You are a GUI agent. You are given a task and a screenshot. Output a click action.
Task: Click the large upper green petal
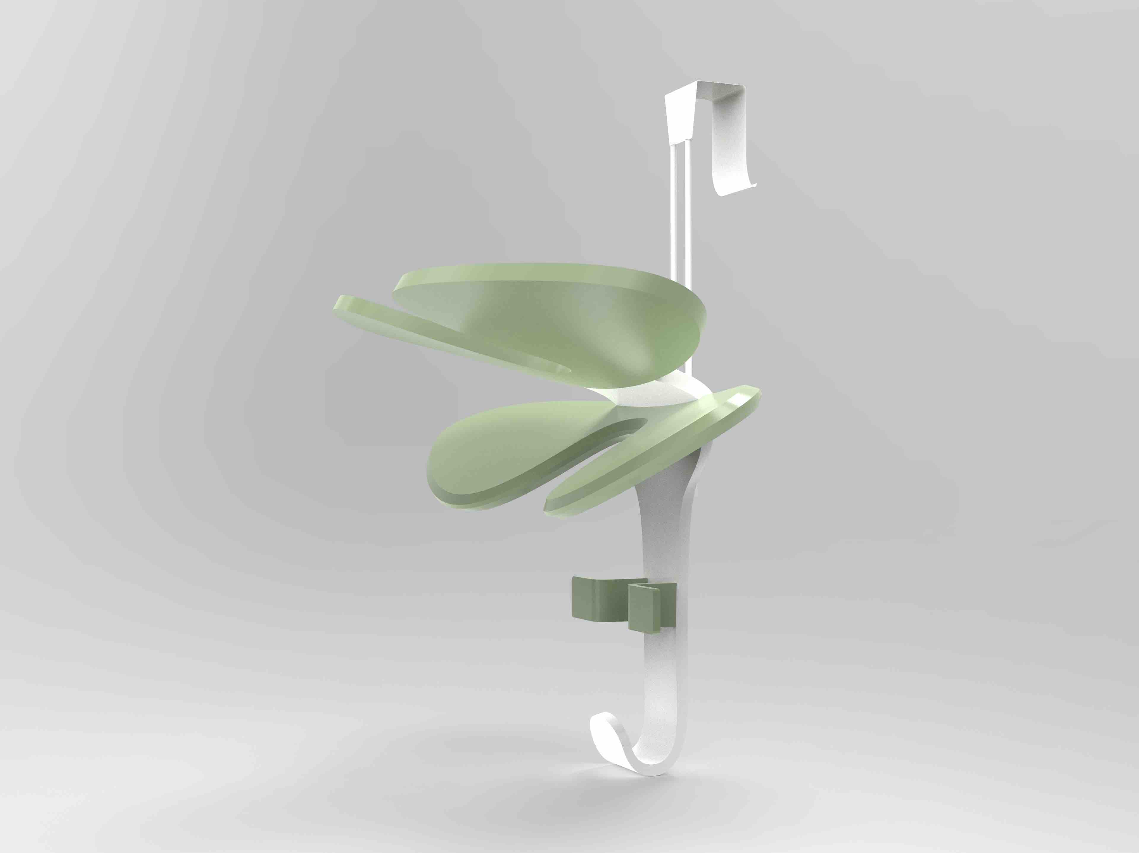(556, 319)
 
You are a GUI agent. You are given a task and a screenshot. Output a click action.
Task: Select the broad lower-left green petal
(494, 453)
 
